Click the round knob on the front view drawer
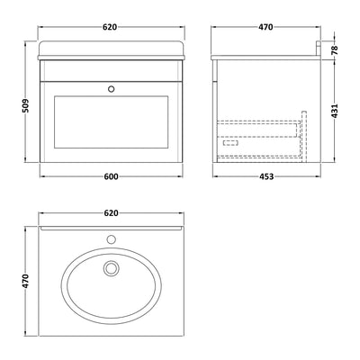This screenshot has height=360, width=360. tap(112, 89)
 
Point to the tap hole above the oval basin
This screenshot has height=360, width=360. tap(112, 240)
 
